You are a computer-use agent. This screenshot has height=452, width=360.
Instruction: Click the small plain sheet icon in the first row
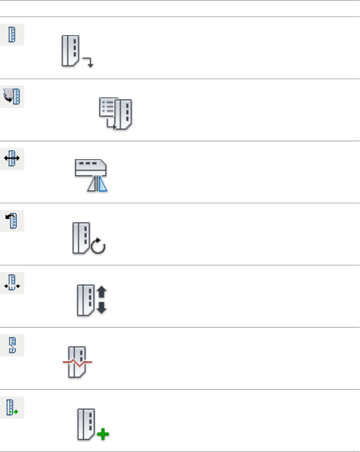12,35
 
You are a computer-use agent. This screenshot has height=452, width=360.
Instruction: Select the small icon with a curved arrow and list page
12,97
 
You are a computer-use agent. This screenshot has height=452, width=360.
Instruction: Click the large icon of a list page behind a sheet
116,114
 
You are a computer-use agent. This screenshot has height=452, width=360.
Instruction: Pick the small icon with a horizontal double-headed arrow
12,160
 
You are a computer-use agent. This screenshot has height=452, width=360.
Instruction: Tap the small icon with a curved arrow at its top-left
12,221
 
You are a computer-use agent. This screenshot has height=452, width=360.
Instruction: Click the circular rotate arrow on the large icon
99,246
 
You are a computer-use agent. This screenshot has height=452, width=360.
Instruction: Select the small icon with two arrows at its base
12,284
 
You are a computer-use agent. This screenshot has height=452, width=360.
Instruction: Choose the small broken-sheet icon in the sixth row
12,346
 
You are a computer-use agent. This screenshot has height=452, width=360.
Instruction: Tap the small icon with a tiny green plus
12,408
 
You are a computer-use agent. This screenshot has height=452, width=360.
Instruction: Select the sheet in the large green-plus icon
85,423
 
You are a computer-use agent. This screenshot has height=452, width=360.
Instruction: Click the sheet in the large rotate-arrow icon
81,237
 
